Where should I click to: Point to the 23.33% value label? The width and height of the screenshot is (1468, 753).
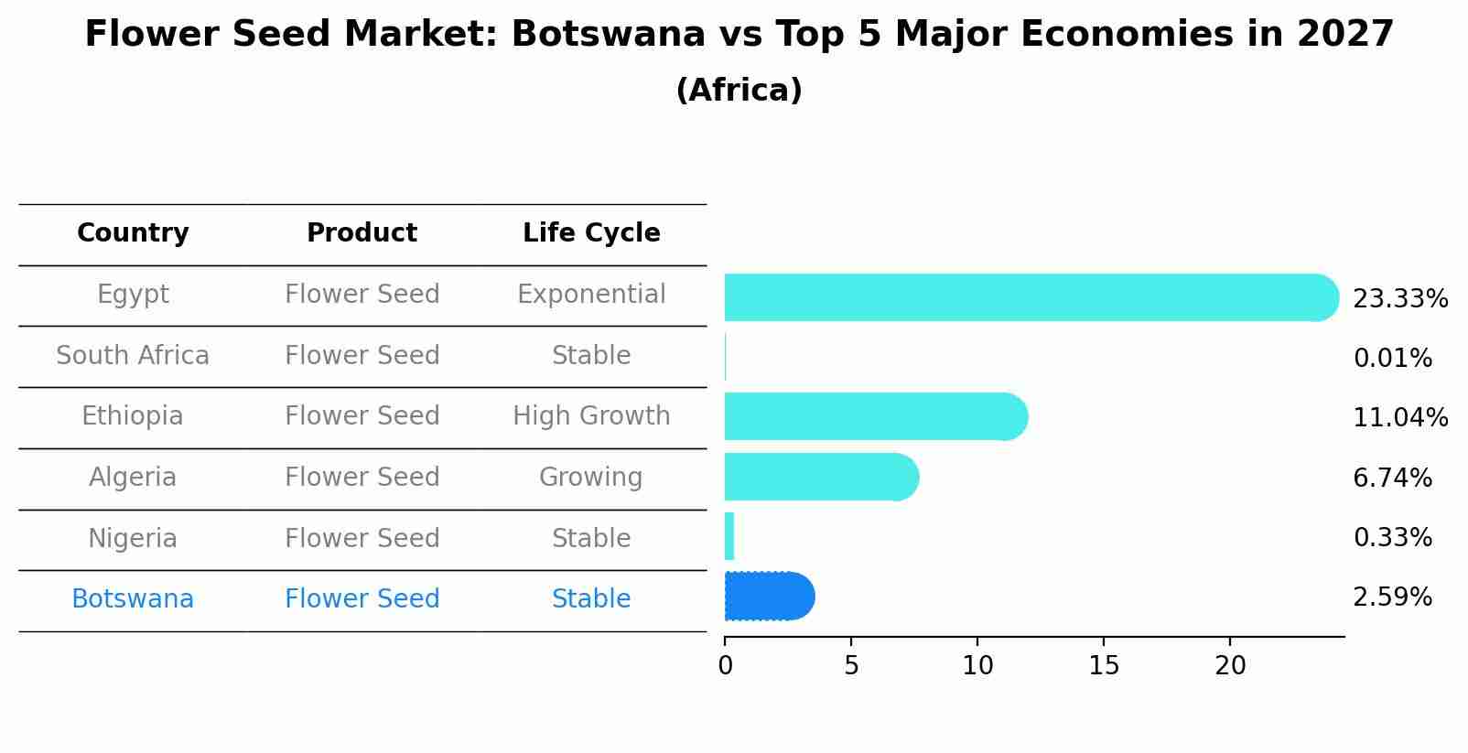pyautogui.click(x=1399, y=299)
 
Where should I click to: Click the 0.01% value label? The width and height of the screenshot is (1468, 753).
pyautogui.click(x=1392, y=359)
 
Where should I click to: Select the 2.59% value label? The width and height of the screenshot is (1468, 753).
pyautogui.click(x=1392, y=597)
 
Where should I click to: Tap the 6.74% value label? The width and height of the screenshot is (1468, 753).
pyautogui.click(x=1392, y=478)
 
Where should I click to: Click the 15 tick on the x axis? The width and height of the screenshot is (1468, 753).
pyautogui.click(x=1104, y=666)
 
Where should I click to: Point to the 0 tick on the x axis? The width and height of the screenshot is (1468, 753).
pyautogui.click(x=725, y=666)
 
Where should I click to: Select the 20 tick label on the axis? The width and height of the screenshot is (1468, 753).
pyautogui.click(x=1230, y=666)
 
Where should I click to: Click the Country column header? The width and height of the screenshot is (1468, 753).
pyautogui.click(x=133, y=233)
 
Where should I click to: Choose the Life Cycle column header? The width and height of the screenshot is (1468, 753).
pyautogui.click(x=591, y=233)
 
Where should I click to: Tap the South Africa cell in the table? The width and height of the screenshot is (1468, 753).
pyautogui.click(x=133, y=355)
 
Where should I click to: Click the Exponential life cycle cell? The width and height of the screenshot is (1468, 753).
pyautogui.click(x=591, y=295)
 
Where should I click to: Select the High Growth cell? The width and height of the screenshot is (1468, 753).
pyautogui.click(x=591, y=416)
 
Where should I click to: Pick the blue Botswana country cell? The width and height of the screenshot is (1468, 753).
pyautogui.click(x=133, y=599)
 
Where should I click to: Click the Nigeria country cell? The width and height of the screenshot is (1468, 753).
pyautogui.click(x=133, y=538)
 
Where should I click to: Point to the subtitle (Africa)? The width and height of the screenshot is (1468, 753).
pyautogui.click(x=739, y=91)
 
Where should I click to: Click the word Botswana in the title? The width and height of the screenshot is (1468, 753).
pyautogui.click(x=608, y=35)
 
